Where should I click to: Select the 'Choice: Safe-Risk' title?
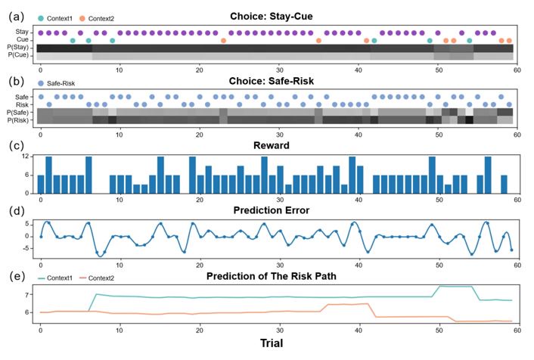click(x=276, y=81)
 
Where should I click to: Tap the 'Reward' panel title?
click(x=276, y=144)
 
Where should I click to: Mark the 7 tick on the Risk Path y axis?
click(x=28, y=295)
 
